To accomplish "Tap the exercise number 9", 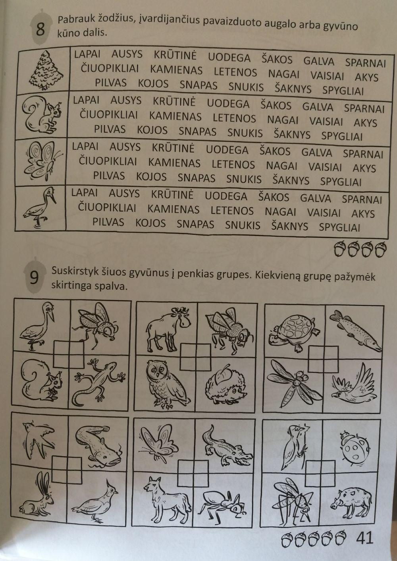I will [35, 278].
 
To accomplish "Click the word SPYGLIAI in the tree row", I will [343, 91].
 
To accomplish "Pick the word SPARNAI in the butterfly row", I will [363, 154].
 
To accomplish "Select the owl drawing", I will [164, 384].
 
